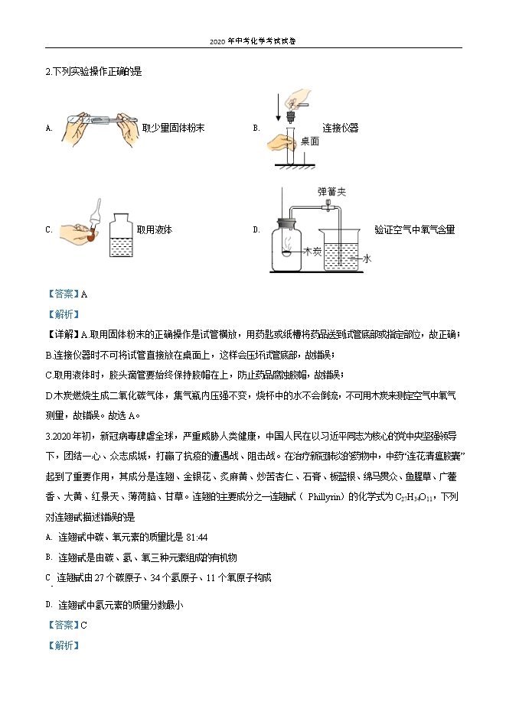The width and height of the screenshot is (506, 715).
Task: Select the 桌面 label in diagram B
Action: (310, 141)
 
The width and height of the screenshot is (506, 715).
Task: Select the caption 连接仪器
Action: (340, 128)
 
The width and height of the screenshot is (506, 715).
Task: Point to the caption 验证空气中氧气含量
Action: (414, 229)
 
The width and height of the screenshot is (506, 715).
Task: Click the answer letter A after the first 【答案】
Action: (84, 293)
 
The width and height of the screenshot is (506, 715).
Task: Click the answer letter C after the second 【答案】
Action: (84, 625)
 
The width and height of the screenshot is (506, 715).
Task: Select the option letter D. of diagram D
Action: (256, 229)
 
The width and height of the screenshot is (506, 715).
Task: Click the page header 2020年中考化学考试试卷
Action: (253, 41)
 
